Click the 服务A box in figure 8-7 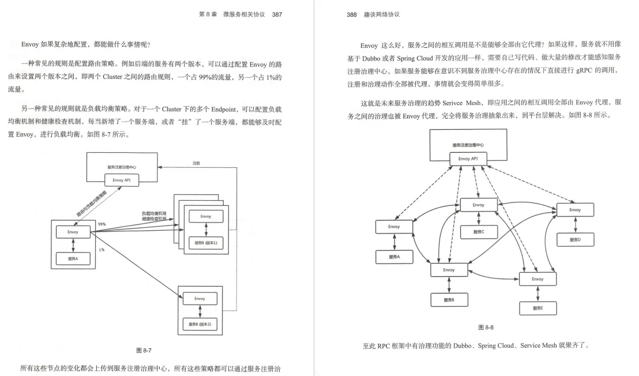point(73,259)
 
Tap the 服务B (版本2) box point(200,325)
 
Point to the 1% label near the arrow point(102,250)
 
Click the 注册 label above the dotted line point(196,163)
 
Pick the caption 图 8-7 point(144,350)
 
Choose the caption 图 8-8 point(486,327)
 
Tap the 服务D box point(574,239)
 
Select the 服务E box point(537,309)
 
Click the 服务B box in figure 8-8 point(448,300)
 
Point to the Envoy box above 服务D point(574,210)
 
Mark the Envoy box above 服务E point(537,279)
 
